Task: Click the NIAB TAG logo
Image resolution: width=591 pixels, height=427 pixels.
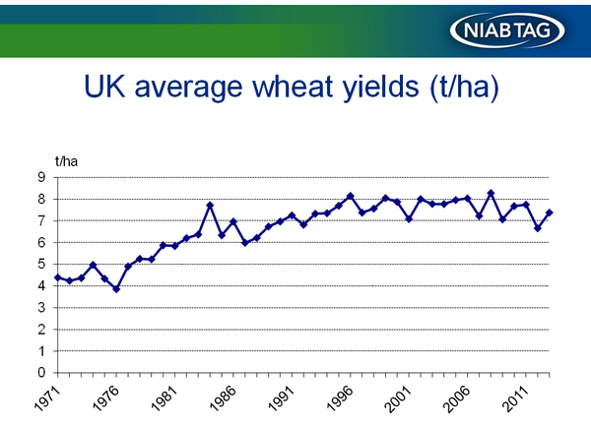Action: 507,30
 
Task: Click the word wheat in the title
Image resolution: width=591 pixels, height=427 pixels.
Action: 293,86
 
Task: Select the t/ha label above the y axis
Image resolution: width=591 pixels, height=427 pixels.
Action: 66,161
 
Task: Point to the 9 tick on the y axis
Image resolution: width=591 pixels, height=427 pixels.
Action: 41,177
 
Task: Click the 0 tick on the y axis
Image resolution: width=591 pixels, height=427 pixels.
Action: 41,373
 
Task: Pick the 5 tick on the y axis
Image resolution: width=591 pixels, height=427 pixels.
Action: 41,264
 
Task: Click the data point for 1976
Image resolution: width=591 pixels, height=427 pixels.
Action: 116,289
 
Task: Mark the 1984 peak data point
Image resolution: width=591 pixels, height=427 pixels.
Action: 210,206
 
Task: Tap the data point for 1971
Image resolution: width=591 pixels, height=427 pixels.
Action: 58,277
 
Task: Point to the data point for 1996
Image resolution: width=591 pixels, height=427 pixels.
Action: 350,196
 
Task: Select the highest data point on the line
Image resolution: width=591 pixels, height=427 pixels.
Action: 491,193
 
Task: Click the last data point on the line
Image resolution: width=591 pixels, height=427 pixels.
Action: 550,213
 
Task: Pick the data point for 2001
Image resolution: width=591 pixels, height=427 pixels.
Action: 409,218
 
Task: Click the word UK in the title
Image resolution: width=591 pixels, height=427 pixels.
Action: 104,86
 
